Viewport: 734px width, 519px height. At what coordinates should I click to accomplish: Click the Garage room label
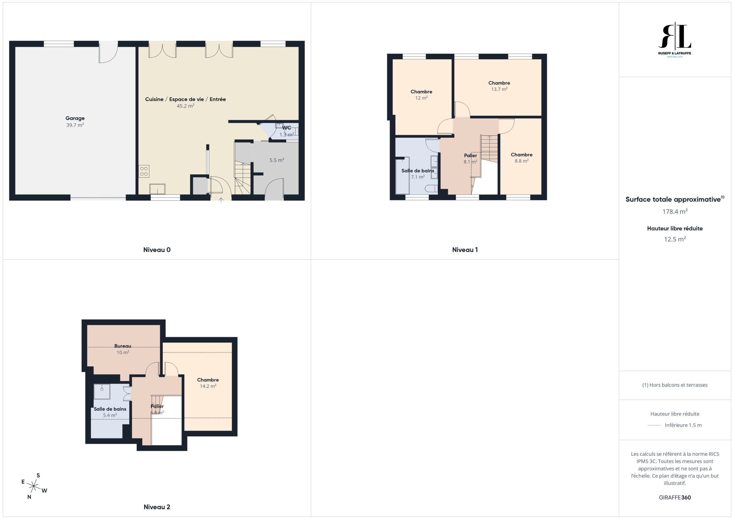tap(75, 118)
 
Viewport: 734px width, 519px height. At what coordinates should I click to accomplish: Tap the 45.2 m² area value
tap(186, 106)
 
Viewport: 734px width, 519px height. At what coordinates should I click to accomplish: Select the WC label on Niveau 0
tap(286, 128)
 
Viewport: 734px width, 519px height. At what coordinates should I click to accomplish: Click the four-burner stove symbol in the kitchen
tap(144, 171)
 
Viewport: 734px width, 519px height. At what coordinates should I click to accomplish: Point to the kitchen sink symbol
tap(157, 189)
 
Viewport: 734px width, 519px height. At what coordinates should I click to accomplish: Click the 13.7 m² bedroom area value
tap(499, 89)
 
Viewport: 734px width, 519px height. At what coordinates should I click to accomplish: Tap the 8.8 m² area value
tap(522, 161)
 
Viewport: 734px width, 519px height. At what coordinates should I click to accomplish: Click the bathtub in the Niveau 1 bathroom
tap(403, 175)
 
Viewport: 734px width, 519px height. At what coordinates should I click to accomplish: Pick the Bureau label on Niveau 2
tap(123, 346)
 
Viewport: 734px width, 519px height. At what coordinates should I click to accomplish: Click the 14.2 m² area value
tap(208, 386)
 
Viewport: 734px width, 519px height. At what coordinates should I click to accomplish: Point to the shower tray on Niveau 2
tap(102, 392)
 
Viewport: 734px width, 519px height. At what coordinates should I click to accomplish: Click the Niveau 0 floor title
tap(157, 250)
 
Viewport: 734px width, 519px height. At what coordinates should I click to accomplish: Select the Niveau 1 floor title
tap(465, 250)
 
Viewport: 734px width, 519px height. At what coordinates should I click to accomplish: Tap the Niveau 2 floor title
tap(157, 507)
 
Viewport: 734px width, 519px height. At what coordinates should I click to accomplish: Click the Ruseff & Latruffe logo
tap(675, 40)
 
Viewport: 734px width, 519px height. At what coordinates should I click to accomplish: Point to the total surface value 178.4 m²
tap(675, 211)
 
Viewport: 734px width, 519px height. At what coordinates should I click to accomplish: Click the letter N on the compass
tap(29, 497)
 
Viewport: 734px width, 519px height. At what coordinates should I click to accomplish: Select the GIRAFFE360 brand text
tap(675, 498)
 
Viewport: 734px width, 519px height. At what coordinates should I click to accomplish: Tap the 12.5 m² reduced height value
tap(675, 239)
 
